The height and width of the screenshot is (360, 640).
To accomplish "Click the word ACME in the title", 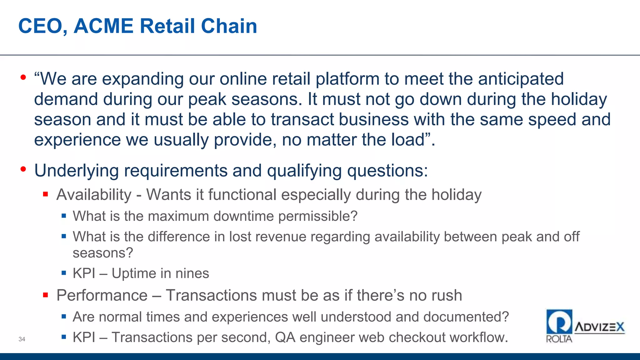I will [103, 26].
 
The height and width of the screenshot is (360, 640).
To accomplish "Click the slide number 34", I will [22, 339].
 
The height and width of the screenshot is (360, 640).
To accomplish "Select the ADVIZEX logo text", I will [599, 327].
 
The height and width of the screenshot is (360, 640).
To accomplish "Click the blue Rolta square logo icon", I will [559, 322].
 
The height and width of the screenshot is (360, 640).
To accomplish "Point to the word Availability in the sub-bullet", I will [94, 195].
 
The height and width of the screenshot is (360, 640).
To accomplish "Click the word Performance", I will [102, 295].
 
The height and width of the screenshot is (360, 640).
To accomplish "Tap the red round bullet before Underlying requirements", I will [23, 169].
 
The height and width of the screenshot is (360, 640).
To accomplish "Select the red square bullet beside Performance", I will [46, 295].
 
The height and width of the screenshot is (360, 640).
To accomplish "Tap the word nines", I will [192, 273].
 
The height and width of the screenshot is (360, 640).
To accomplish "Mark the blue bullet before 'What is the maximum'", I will [64, 216].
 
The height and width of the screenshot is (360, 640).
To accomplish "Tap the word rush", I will [446, 295].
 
